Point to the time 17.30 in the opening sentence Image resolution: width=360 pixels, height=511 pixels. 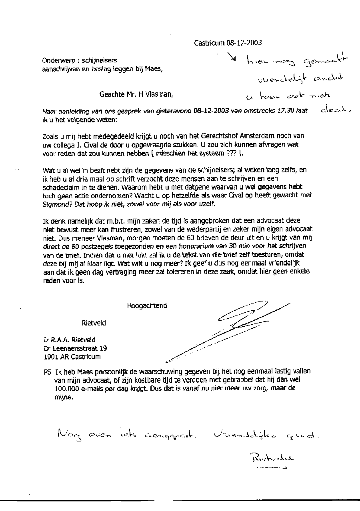286,111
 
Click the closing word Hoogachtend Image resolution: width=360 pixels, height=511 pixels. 147,306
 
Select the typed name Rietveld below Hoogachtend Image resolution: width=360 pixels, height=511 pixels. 94,323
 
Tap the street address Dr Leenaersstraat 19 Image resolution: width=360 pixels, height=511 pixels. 75,348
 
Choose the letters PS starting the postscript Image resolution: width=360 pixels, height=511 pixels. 47,371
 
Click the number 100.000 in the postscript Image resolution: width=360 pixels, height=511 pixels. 65,388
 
